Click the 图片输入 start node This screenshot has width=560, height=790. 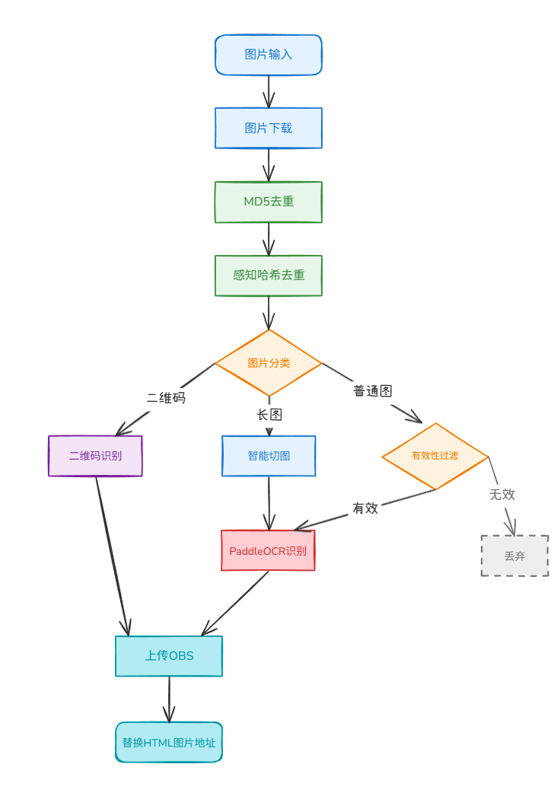click(x=269, y=55)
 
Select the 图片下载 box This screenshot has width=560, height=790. click(x=269, y=128)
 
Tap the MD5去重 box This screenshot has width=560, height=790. click(x=269, y=202)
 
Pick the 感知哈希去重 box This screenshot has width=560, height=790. click(x=269, y=275)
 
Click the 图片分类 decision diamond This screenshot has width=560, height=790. click(x=269, y=363)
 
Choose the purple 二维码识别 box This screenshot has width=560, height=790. click(x=95, y=456)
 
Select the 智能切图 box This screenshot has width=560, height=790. click(x=269, y=456)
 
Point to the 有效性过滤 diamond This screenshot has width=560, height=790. click(x=435, y=456)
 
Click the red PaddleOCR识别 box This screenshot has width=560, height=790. click(x=268, y=551)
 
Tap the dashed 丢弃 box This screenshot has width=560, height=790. click(x=514, y=556)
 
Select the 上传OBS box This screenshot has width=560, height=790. click(x=169, y=656)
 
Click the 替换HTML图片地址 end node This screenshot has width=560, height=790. click(x=169, y=743)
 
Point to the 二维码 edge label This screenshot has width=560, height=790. click(x=166, y=398)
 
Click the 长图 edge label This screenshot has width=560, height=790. click(x=269, y=415)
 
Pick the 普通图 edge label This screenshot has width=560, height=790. click(x=373, y=391)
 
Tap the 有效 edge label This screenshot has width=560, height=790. click(x=365, y=508)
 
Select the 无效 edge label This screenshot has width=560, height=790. click(x=502, y=494)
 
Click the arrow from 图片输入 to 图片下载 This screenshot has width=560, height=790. click(x=269, y=91)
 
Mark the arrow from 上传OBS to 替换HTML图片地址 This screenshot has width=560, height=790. click(x=169, y=699)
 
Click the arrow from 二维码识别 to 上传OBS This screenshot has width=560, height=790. click(x=113, y=556)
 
